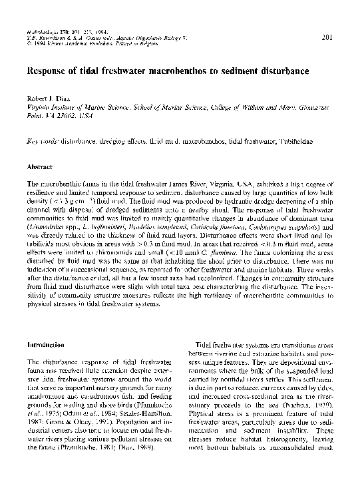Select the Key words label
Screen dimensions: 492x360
point(41,142)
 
